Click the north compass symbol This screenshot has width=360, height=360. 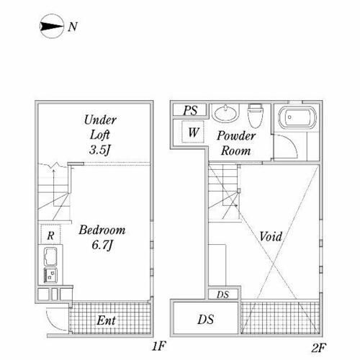click(52, 26)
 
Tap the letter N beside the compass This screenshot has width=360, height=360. click(73, 27)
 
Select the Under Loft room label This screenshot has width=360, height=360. click(100, 127)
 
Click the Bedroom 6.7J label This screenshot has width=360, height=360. click(102, 237)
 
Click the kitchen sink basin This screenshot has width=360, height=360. click(50, 256)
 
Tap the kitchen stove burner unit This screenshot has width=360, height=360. click(50, 275)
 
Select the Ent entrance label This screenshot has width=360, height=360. click(106, 320)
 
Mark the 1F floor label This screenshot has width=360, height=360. click(158, 346)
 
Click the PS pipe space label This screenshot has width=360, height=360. click(190, 110)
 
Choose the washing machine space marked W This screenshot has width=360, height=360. click(193, 132)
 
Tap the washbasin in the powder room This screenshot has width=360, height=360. click(225, 113)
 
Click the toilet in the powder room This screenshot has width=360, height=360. click(256, 116)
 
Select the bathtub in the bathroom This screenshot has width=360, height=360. click(297, 117)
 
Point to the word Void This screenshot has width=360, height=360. click(271, 237)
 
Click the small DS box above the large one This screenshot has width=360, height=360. click(223, 294)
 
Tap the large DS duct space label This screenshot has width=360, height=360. click(206, 320)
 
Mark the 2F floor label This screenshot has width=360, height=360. click(319, 348)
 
